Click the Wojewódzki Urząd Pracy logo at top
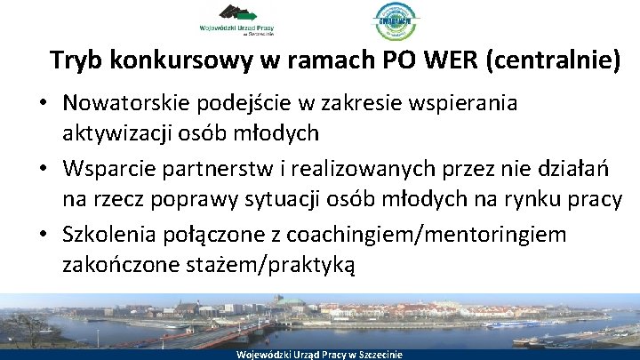(x=237, y=20)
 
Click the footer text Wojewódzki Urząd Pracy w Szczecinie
(x=319, y=354)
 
